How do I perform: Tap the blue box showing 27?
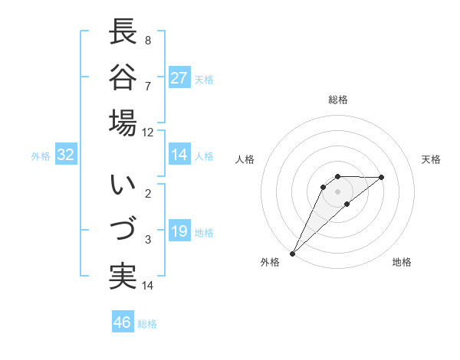179,78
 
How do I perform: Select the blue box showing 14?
179,155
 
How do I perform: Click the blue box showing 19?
179,231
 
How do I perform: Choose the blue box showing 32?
66,155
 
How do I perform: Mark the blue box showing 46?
123,322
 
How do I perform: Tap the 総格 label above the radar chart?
338,100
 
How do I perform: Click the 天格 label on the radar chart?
432,159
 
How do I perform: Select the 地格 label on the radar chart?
402,262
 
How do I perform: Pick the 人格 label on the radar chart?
245,159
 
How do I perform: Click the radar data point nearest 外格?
292,253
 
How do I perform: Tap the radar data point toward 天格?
382,177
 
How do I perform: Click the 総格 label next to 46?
147,324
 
